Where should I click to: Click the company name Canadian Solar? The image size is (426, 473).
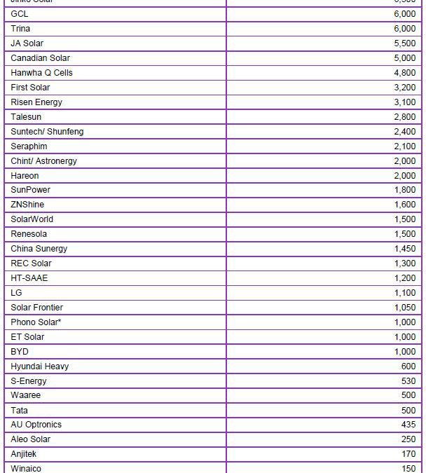40,58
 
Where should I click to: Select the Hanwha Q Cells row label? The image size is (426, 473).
41,73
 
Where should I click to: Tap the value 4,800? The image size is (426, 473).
404,73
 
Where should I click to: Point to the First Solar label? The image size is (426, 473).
30,88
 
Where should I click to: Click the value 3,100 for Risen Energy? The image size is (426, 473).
404,102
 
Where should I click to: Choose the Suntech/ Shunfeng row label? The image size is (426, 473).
47,132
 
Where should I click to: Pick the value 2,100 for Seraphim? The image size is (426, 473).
404,146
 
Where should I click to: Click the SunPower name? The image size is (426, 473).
30,190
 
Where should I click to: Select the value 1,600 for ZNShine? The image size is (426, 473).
404,205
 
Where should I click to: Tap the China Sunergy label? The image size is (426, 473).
39,249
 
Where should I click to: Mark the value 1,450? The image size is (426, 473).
404,249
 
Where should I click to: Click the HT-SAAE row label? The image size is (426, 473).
29,278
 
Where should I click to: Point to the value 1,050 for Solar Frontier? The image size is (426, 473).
404,308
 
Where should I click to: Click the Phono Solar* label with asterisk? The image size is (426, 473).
36,322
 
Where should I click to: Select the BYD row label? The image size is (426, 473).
20,352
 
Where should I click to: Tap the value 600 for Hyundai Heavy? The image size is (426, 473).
408,366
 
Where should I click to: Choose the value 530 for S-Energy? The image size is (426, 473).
408,381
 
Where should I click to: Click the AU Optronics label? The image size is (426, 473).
36,425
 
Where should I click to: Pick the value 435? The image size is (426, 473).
408,425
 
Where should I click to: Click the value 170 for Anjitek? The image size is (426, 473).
408,454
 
